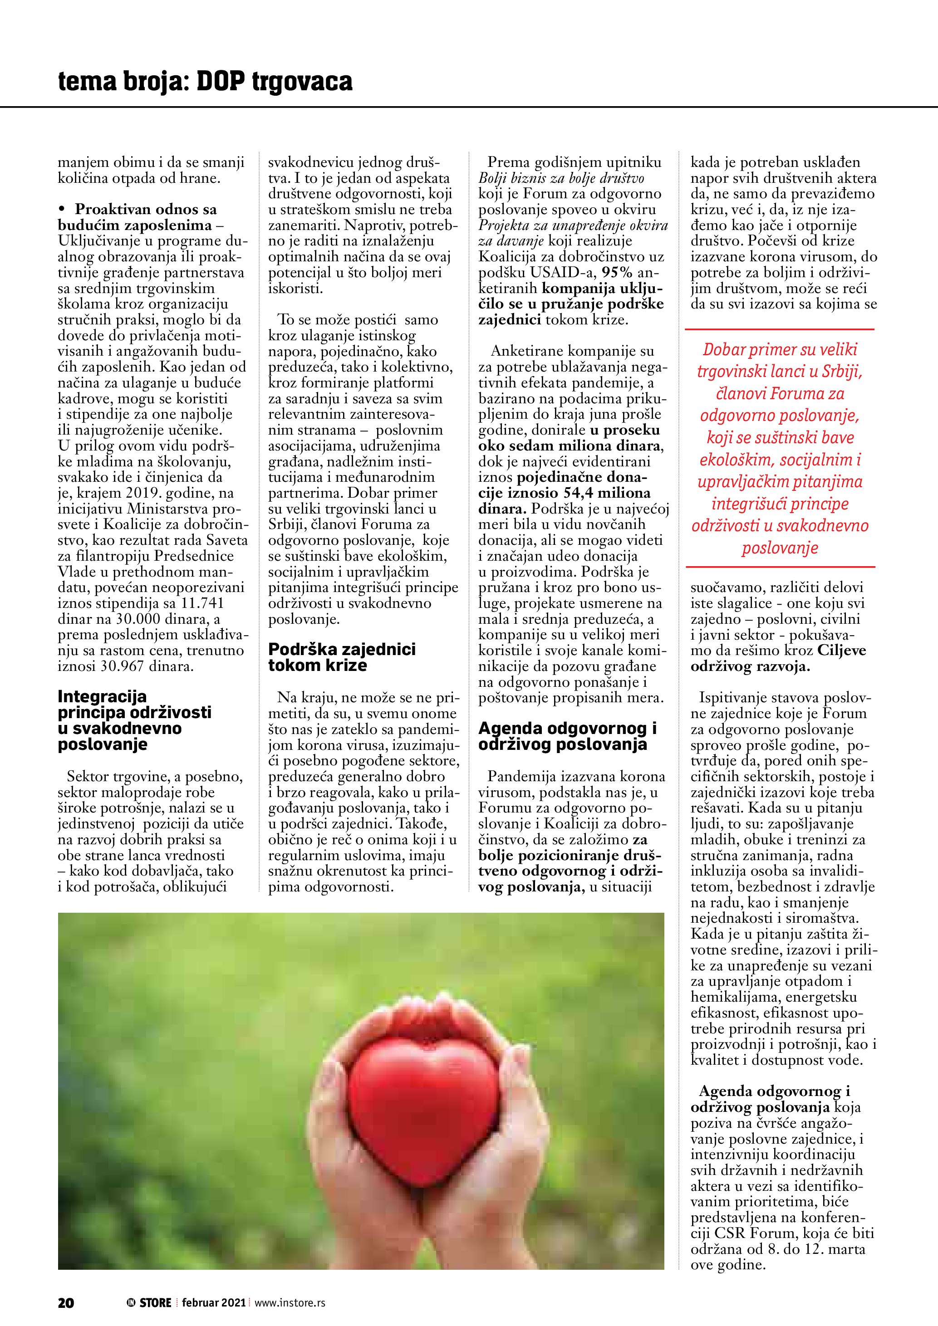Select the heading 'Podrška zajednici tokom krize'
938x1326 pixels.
pos(342,657)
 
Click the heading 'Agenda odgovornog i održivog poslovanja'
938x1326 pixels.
pos(567,736)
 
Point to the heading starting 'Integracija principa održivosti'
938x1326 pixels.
pos(134,720)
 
